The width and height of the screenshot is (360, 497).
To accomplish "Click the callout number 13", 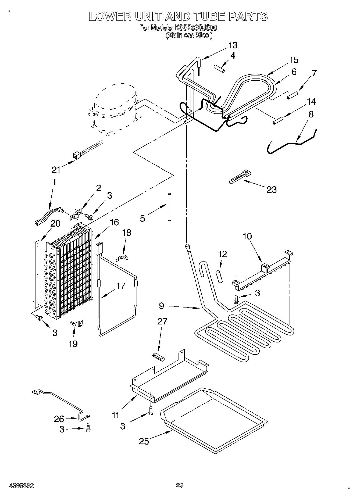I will [233, 45].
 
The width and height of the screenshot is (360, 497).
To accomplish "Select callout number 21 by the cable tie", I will [56, 170].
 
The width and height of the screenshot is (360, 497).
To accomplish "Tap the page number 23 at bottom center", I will [180, 485].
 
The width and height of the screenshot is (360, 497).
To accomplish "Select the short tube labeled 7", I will [292, 95].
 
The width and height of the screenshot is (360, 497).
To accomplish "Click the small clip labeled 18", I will [122, 258].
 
